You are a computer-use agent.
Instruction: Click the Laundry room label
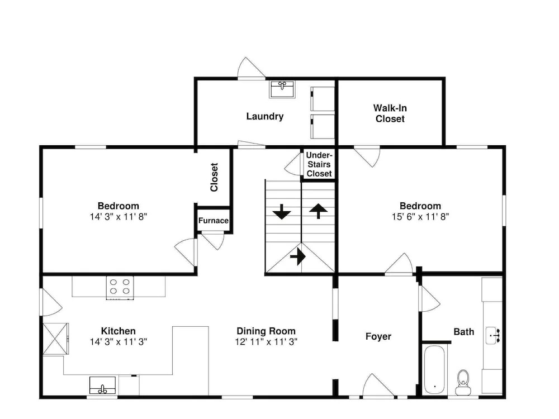pyautogui.click(x=265, y=117)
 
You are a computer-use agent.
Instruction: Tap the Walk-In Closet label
pyautogui.click(x=390, y=113)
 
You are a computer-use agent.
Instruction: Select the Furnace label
pyautogui.click(x=213, y=221)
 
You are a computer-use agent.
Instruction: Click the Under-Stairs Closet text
pyautogui.click(x=319, y=164)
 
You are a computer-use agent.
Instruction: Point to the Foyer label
pyautogui.click(x=378, y=337)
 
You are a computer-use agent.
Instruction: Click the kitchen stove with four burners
pyautogui.click(x=120, y=287)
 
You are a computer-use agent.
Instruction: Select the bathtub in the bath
pyautogui.click(x=434, y=369)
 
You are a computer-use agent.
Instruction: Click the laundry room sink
pyautogui.click(x=282, y=89)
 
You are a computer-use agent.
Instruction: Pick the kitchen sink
pyautogui.click(x=102, y=385)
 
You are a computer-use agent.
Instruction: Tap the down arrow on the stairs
pyautogui.click(x=282, y=212)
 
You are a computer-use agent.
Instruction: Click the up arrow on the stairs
pyautogui.click(x=318, y=211)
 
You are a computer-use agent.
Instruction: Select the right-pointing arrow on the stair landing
pyautogui.click(x=298, y=256)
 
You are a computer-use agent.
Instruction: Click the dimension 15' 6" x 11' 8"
pyautogui.click(x=420, y=217)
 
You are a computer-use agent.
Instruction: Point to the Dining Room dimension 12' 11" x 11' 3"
pyautogui.click(x=266, y=342)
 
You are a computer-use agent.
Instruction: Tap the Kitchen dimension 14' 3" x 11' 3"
pyautogui.click(x=119, y=342)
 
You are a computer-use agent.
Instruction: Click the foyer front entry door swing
pyautogui.click(x=378, y=385)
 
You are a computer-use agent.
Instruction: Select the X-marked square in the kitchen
pyautogui.click(x=55, y=339)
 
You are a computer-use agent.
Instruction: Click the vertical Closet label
pyautogui.click(x=214, y=178)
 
